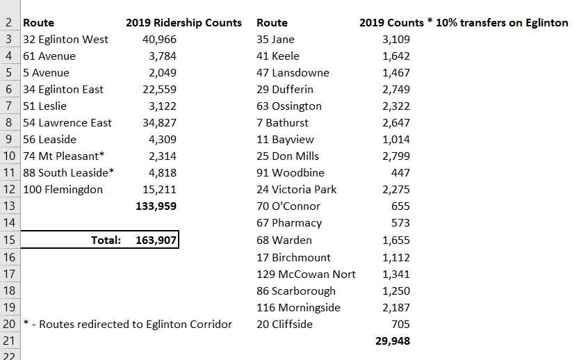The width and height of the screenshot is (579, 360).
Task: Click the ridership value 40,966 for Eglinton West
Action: (158, 40)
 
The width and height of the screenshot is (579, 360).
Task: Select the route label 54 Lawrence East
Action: (67, 123)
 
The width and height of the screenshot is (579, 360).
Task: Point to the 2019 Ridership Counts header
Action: (184, 23)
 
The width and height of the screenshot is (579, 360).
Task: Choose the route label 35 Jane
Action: (276, 40)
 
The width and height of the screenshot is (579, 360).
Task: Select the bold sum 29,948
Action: (391, 341)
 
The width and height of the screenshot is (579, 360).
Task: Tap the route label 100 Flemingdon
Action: (63, 190)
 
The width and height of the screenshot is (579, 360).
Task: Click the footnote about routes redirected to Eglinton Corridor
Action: (127, 325)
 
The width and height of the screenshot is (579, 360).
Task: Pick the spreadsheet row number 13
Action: (8, 206)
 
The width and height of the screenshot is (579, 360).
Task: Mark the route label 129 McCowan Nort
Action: (306, 275)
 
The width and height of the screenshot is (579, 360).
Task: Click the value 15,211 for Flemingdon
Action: (158, 190)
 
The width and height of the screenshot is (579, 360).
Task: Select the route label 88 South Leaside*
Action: (69, 173)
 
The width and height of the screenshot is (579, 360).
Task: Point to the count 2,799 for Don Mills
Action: (396, 156)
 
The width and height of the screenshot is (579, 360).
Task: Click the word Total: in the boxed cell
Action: (106, 240)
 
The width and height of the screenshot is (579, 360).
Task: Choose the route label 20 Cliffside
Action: (285, 325)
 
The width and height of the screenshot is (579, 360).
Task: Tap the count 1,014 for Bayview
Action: (396, 140)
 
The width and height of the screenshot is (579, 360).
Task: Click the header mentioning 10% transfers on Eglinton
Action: (464, 23)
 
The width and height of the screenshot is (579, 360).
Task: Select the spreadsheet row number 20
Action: (8, 325)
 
